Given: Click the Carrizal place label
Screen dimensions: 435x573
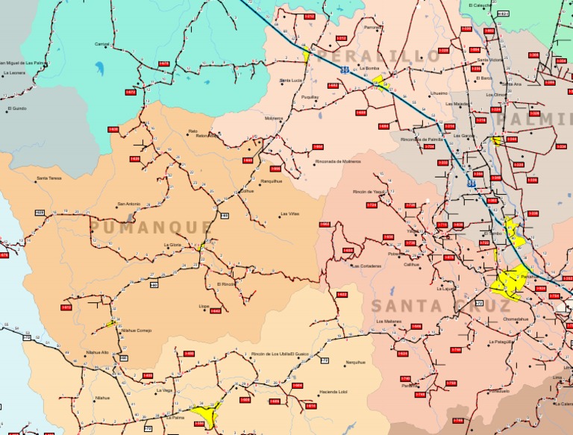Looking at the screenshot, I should pyautogui.click(x=102, y=44).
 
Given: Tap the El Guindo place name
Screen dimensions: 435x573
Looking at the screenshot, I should pyautogui.click(x=16, y=108).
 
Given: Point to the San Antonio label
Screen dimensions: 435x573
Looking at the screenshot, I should pyautogui.click(x=128, y=204).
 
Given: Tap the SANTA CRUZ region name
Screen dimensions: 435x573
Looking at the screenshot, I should pyautogui.click(x=440, y=306).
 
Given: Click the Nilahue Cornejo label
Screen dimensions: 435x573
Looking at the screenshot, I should pyautogui.click(x=137, y=330).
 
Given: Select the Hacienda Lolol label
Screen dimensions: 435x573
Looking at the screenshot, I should pyautogui.click(x=333, y=392).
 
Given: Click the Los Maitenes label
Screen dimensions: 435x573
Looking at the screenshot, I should pyautogui.click(x=388, y=321).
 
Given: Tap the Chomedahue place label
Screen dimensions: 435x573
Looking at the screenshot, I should pyautogui.click(x=516, y=319).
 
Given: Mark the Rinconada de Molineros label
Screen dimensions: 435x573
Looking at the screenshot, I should pyautogui.click(x=338, y=161).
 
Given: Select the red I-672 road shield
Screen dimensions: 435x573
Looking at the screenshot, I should pyautogui.click(x=131, y=93).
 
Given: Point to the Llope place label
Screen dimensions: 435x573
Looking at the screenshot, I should pyautogui.click(x=204, y=306).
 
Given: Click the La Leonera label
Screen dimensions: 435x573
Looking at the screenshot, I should pyautogui.click(x=14, y=73).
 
